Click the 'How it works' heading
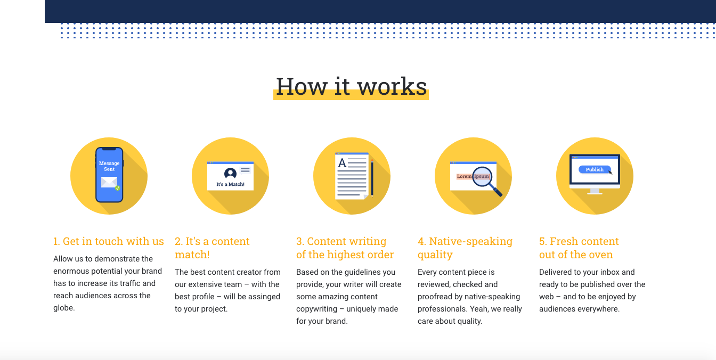point(351,86)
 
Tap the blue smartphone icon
point(109,175)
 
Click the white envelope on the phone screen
point(109,182)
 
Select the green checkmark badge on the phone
point(118,188)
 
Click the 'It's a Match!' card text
point(230,184)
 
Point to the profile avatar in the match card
point(230,173)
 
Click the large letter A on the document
point(342,163)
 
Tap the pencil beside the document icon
point(372,178)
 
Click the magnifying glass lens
point(482,176)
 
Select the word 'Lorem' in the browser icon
point(464,176)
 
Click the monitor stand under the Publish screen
point(595,191)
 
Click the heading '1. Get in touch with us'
point(108,241)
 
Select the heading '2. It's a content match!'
point(212,248)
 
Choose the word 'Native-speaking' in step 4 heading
point(470,241)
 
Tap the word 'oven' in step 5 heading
point(601,255)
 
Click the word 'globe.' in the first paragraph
point(64,308)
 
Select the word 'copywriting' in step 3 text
point(317,309)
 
